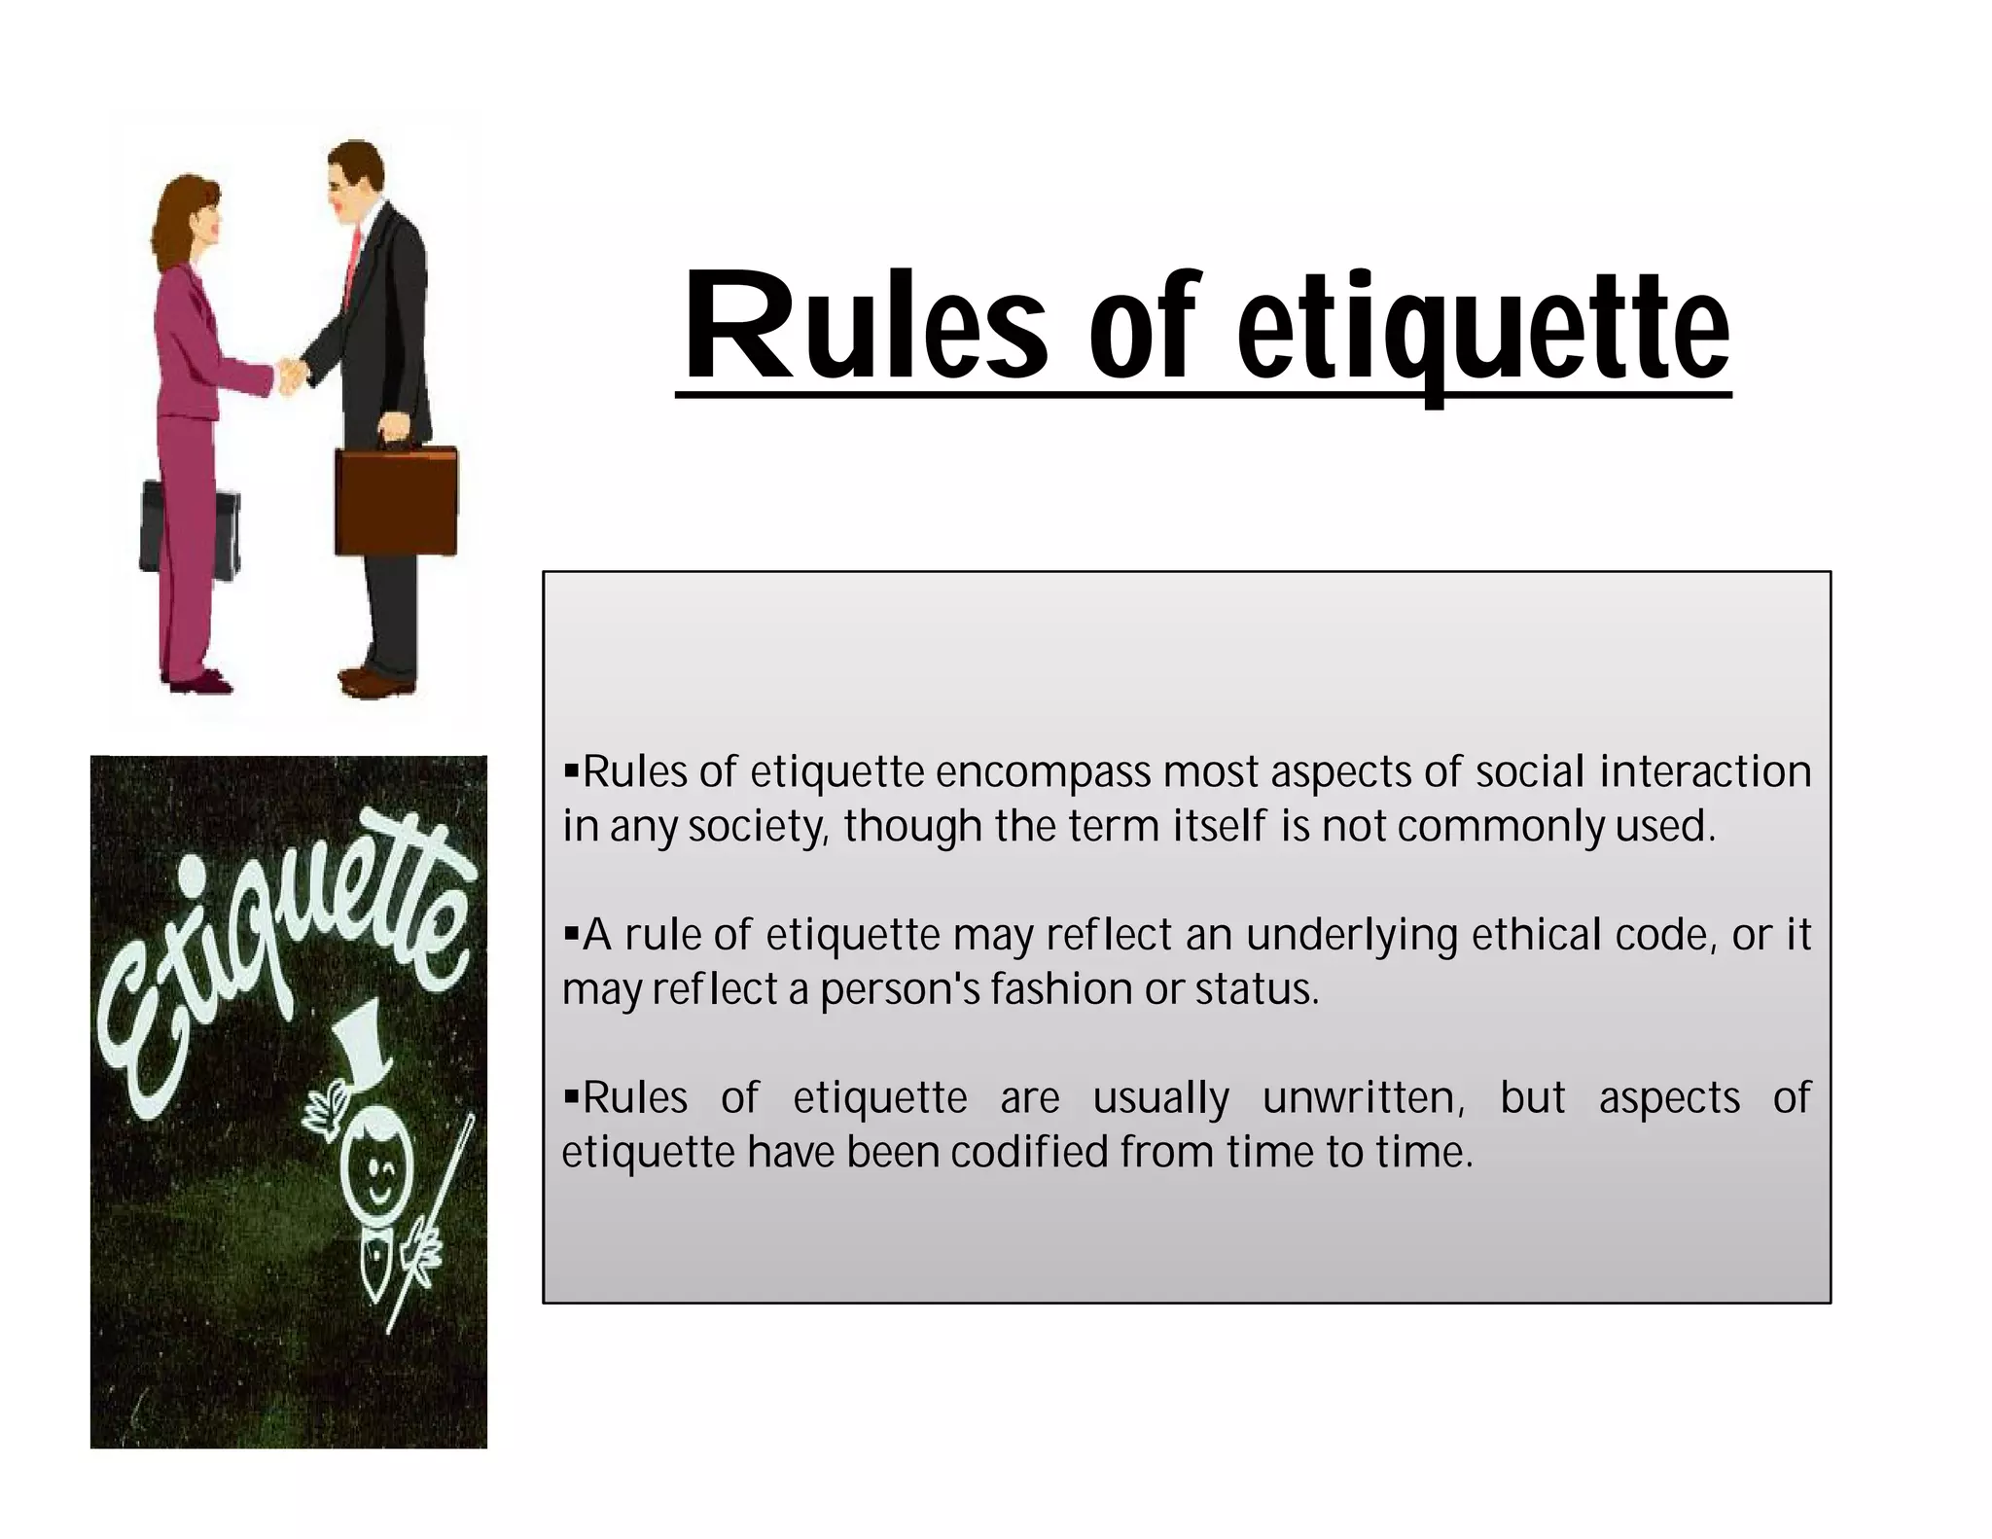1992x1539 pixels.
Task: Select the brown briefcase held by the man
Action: [x=396, y=501]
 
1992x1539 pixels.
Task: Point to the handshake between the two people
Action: [x=290, y=375]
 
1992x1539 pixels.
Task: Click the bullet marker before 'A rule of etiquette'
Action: [x=571, y=934]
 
